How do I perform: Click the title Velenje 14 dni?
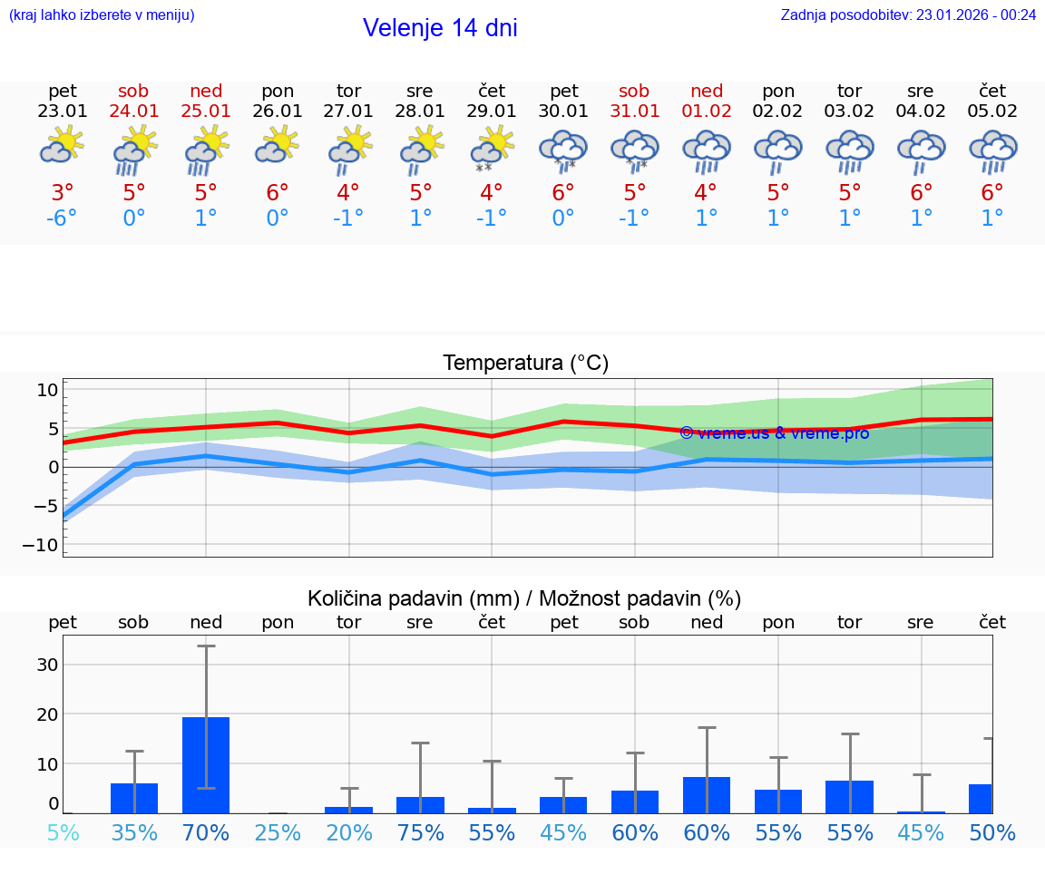tap(440, 28)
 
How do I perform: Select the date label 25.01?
tap(206, 111)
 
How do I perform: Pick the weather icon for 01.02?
tap(707, 150)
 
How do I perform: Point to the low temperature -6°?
tap(63, 219)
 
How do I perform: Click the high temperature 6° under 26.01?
tap(277, 193)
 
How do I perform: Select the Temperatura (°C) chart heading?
tap(525, 363)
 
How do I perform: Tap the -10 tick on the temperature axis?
tap(45, 545)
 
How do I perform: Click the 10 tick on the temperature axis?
tap(47, 391)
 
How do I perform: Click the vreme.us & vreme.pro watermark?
tap(774, 432)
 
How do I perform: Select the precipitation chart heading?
tap(524, 598)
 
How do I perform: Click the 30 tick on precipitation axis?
tap(47, 665)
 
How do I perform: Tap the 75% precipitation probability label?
tap(420, 832)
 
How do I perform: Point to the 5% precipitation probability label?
tap(63, 832)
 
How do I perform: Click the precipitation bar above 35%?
tap(134, 798)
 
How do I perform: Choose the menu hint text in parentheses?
tap(102, 15)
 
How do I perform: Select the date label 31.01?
tap(634, 111)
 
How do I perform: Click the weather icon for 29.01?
tap(493, 150)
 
